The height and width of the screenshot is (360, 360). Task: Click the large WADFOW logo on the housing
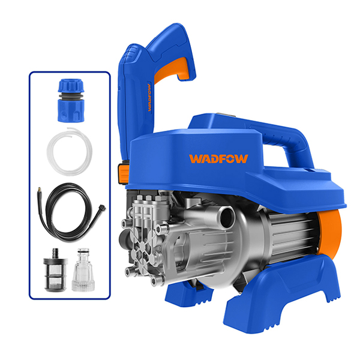pos(218,158)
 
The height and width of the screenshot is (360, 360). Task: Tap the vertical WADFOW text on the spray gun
pos(149,98)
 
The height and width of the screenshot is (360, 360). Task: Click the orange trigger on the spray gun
pos(172,69)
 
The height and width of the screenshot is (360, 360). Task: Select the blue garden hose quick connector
pos(71,100)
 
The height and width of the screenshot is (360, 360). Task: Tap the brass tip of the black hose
pos(39,190)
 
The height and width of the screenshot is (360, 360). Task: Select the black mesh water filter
pos(55,271)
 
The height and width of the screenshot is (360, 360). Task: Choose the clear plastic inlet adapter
pos(83,271)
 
